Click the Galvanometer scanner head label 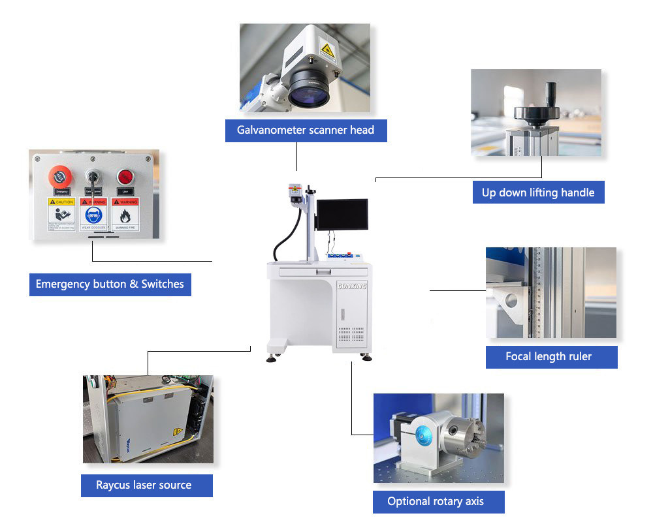[x=306, y=130]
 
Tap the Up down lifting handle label [x=538, y=192]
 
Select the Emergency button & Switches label [x=110, y=284]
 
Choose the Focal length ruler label [x=549, y=356]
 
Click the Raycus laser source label [x=144, y=485]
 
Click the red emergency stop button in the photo [x=59, y=176]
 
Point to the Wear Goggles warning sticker [x=93, y=215]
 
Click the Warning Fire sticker [x=125, y=215]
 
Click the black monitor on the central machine [x=342, y=214]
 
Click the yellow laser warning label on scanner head [x=327, y=48]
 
